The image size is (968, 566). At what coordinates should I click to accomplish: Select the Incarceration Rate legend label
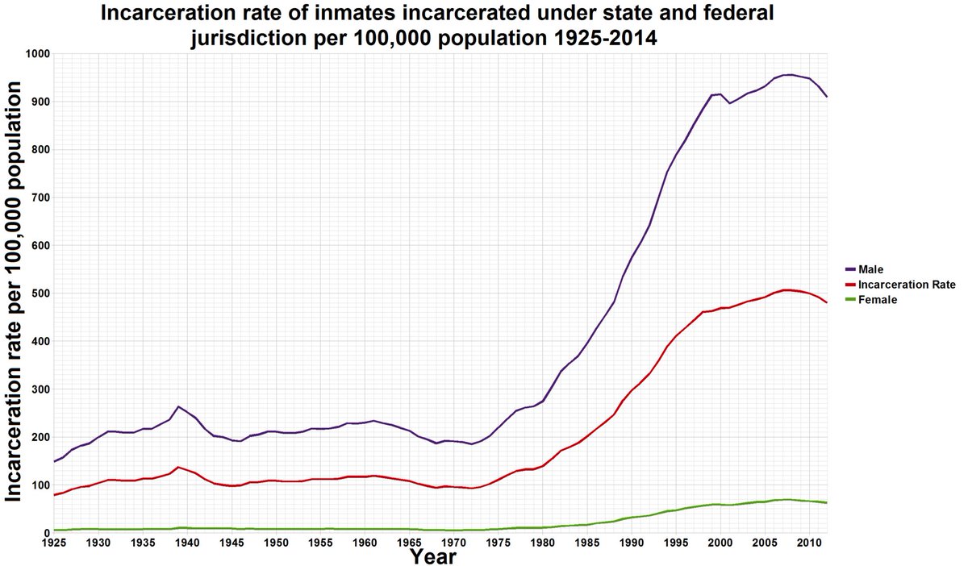(908, 285)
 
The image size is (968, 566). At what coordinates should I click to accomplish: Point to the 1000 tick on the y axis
(37, 54)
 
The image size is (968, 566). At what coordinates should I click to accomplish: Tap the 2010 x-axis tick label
(808, 543)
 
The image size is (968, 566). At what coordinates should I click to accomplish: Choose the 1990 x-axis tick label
(631, 543)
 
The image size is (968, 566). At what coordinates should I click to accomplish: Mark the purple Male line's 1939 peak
(178, 406)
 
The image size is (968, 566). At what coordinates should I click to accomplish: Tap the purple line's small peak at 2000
(720, 94)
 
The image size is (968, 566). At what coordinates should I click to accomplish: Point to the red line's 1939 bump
(178, 467)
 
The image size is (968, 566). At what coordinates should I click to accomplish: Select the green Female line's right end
(826, 502)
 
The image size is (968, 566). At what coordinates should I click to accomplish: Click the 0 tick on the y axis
(47, 533)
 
